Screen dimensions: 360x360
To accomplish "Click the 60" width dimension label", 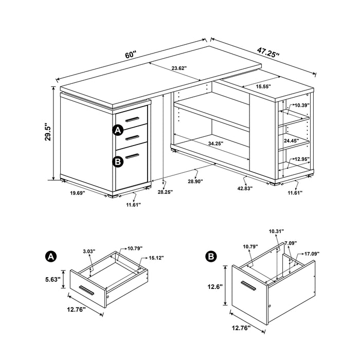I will click(130, 53).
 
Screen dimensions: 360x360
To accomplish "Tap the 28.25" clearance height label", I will click(165, 192).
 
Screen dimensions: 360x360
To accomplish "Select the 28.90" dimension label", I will click(195, 181).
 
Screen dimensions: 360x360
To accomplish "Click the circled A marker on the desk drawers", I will click(118, 131).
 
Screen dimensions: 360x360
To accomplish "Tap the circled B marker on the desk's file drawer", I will click(118, 161).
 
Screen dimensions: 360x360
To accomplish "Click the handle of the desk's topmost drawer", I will click(132, 119).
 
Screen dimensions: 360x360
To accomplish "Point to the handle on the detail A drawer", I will click(86, 291).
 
